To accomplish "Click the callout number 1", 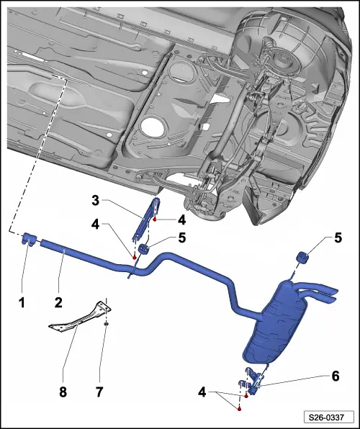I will (x=22, y=304).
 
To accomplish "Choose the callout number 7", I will (x=99, y=392).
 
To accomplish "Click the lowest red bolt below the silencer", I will (x=240, y=408).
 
